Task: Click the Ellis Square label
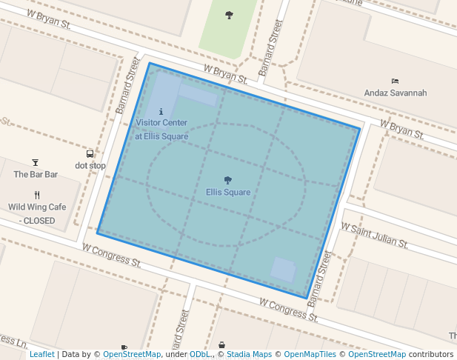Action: [228, 193]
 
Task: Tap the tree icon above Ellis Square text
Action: [228, 180]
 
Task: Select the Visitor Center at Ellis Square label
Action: [161, 129]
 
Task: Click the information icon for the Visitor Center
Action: [161, 111]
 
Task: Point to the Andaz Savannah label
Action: [396, 93]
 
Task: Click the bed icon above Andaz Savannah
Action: [395, 81]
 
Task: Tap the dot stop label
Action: [90, 165]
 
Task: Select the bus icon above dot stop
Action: [90, 153]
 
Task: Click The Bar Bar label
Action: [36, 174]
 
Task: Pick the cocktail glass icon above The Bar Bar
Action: [36, 162]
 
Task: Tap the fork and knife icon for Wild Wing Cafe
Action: [37, 195]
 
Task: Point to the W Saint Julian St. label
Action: [374, 234]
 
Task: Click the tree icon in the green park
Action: [229, 15]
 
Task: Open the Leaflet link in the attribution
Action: [41, 355]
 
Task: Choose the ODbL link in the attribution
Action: [200, 355]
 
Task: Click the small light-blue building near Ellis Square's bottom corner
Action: [283, 268]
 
